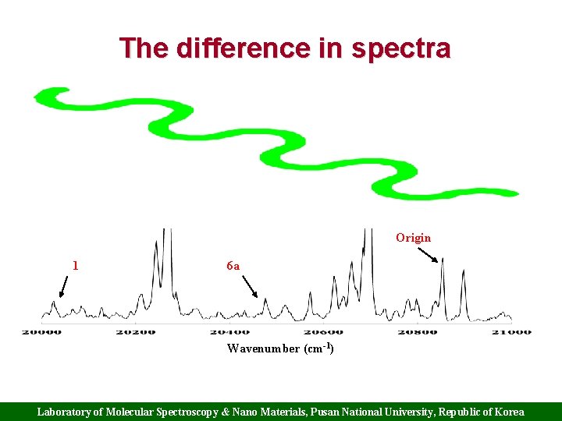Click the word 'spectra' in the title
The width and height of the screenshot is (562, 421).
coord(400,48)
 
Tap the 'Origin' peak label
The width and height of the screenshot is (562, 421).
coord(413,237)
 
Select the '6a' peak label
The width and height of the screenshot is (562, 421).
coord(233,266)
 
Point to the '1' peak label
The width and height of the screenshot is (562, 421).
coord(75,265)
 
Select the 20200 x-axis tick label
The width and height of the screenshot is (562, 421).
coord(136,332)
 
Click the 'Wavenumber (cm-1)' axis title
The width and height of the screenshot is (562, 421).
coord(280,348)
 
